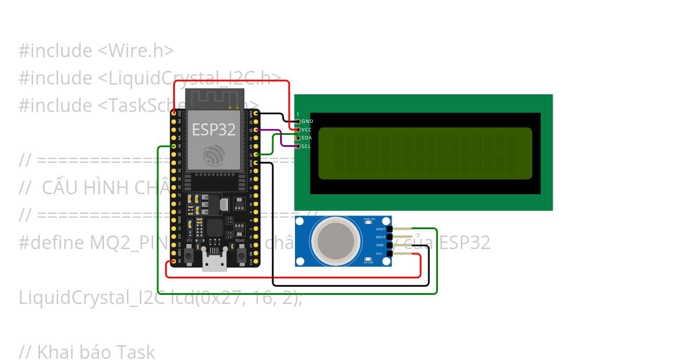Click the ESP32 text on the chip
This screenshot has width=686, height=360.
pyautogui.click(x=213, y=129)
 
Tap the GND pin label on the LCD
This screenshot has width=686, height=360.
pyautogui.click(x=307, y=121)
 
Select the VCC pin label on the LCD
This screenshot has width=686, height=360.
pyautogui.click(x=307, y=130)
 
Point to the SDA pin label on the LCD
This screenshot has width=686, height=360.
pyautogui.click(x=307, y=138)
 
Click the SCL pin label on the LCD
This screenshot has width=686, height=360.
pyautogui.click(x=307, y=146)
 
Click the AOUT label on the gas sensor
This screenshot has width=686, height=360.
pyautogui.click(x=381, y=229)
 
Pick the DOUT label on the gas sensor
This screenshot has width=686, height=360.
pyautogui.click(x=381, y=237)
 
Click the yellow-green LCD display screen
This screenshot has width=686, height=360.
pyautogui.click(x=425, y=153)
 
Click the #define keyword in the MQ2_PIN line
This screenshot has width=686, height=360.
pyautogui.click(x=51, y=243)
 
